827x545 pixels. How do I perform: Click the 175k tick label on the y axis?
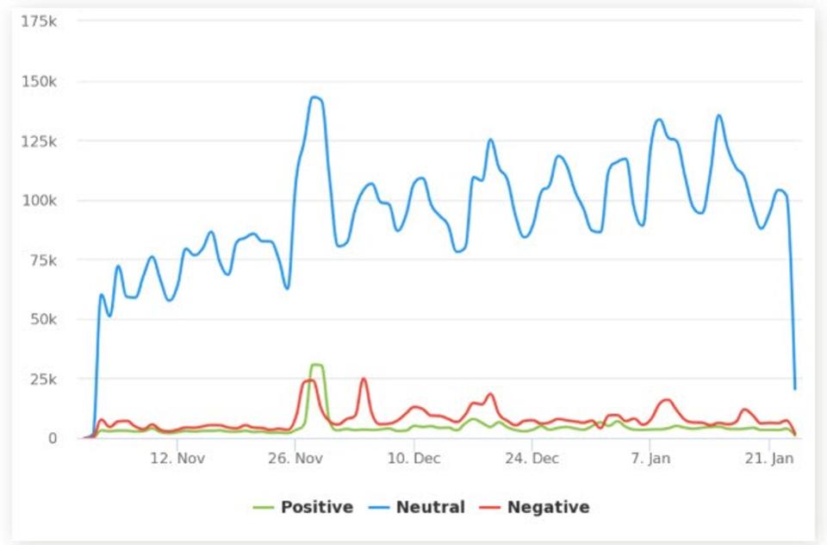[x=40, y=21]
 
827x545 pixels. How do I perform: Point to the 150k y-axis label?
[x=40, y=82]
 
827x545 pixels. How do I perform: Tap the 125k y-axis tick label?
[x=40, y=141]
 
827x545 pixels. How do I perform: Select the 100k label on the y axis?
[x=40, y=201]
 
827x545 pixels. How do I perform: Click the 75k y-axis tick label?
[x=43, y=260]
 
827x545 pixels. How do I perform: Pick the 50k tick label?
[x=43, y=320]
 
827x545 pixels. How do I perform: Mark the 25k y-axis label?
[x=43, y=379]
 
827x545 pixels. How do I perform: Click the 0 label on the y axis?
[x=52, y=438]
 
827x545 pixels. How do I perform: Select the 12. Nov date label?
[x=177, y=459]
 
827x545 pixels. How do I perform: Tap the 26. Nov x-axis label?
[x=295, y=459]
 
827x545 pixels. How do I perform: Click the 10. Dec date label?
[x=414, y=459]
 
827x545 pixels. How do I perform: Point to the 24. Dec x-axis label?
[x=532, y=459]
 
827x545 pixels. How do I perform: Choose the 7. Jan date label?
[x=651, y=459]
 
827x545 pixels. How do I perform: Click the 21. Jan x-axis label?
[x=769, y=459]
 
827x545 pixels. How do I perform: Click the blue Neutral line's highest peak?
[x=315, y=97]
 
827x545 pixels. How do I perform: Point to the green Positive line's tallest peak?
[x=316, y=365]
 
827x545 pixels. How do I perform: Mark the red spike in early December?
[x=364, y=379]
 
